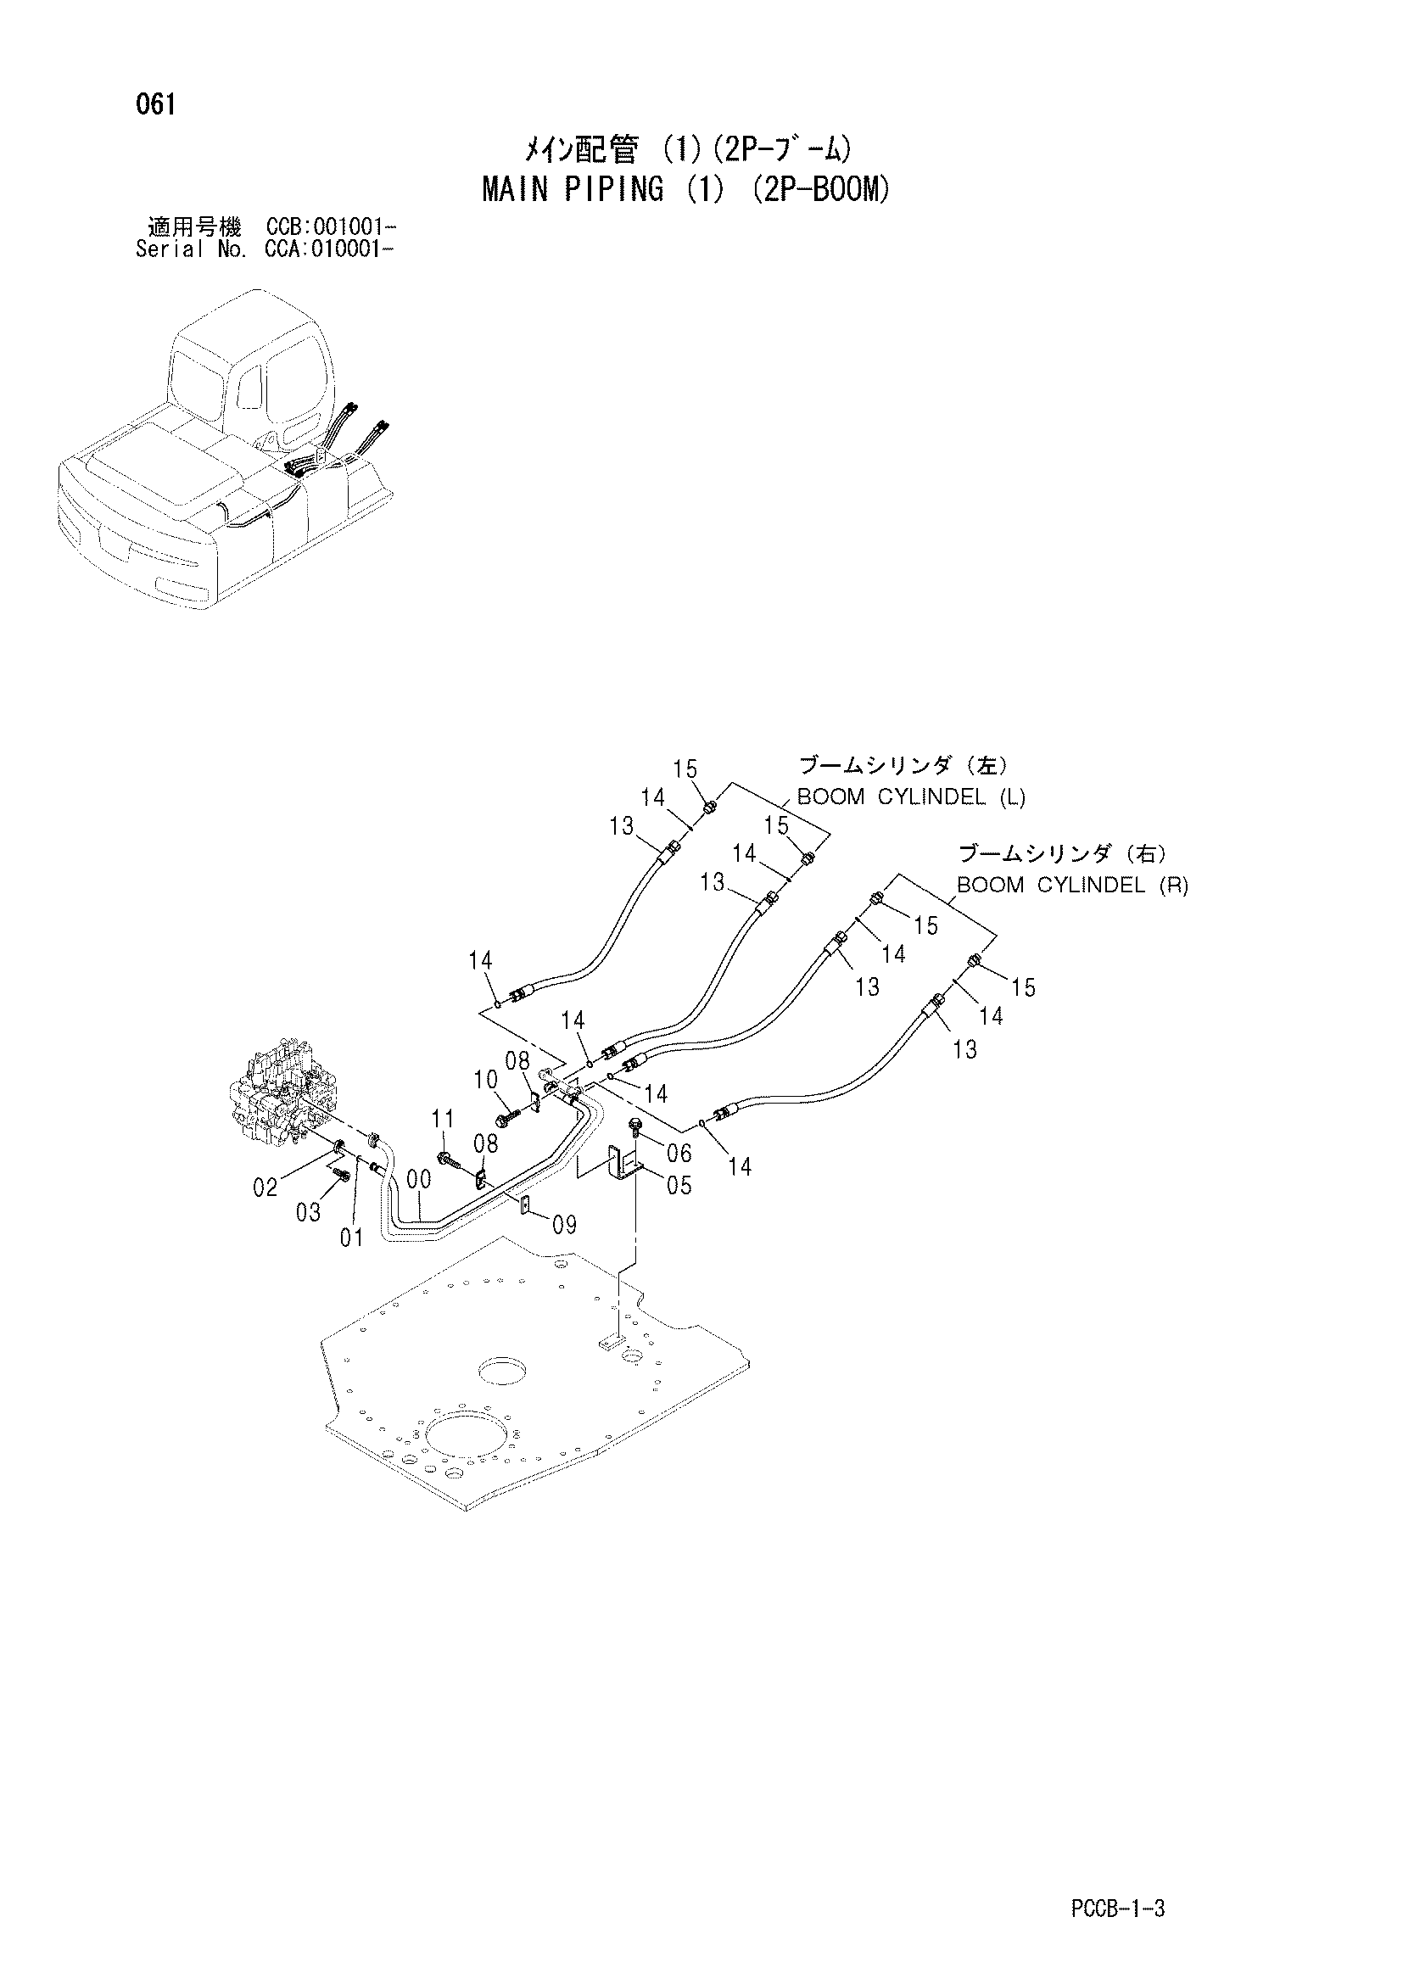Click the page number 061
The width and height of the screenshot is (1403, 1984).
click(155, 104)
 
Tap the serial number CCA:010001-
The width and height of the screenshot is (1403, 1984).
click(331, 249)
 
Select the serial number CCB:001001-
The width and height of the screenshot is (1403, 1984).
click(331, 228)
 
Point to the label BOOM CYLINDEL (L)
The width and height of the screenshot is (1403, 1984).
click(910, 796)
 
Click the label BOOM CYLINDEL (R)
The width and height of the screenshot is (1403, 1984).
click(1072, 885)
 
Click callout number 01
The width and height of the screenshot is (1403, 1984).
click(352, 1238)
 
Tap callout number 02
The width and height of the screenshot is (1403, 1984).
click(266, 1188)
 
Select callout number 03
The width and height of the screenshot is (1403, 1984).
click(309, 1212)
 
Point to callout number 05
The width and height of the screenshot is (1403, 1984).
click(680, 1185)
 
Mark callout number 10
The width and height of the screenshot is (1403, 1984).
click(485, 1079)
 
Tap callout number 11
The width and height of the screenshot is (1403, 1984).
click(443, 1119)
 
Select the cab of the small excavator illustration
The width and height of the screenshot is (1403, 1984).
click(250, 380)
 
